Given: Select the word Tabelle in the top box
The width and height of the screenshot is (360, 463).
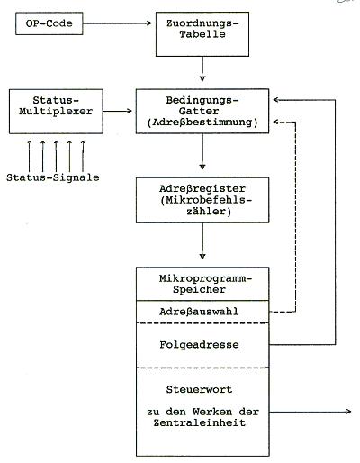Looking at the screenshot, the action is click(202, 34).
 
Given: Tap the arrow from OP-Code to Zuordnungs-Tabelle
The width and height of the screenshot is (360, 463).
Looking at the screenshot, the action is click(117, 23).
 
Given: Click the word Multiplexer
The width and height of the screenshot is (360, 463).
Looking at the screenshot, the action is click(56, 111).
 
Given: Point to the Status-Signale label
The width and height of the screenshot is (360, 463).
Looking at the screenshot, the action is click(53, 177).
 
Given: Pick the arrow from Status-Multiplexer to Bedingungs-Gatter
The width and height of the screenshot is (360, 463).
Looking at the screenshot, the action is click(117, 111).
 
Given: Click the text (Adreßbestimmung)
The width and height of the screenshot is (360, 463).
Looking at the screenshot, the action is click(202, 123).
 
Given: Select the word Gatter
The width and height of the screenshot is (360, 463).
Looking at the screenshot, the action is click(199, 111).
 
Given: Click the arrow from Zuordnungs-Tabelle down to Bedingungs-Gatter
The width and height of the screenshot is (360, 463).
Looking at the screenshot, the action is click(202, 69).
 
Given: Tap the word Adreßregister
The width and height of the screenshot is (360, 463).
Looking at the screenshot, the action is click(202, 188).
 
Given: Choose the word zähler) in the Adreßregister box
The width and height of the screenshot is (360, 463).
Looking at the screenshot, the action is click(209, 212).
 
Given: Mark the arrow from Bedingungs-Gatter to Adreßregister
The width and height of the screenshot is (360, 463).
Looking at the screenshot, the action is click(202, 151).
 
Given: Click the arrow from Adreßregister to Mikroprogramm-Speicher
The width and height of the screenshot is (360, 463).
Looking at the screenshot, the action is click(202, 241).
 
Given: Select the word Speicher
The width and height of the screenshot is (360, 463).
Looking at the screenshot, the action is click(199, 289).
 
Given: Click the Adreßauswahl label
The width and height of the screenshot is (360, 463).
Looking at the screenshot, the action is click(199, 312).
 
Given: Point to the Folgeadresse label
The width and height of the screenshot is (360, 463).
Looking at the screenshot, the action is click(199, 344).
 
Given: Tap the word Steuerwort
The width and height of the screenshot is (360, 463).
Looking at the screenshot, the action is click(199, 389).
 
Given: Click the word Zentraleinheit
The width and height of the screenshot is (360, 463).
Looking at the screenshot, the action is click(200, 422).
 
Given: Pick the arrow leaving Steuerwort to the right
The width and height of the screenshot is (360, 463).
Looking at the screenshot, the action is click(310, 412).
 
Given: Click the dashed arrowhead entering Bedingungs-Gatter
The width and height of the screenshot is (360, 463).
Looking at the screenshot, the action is click(276, 123).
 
